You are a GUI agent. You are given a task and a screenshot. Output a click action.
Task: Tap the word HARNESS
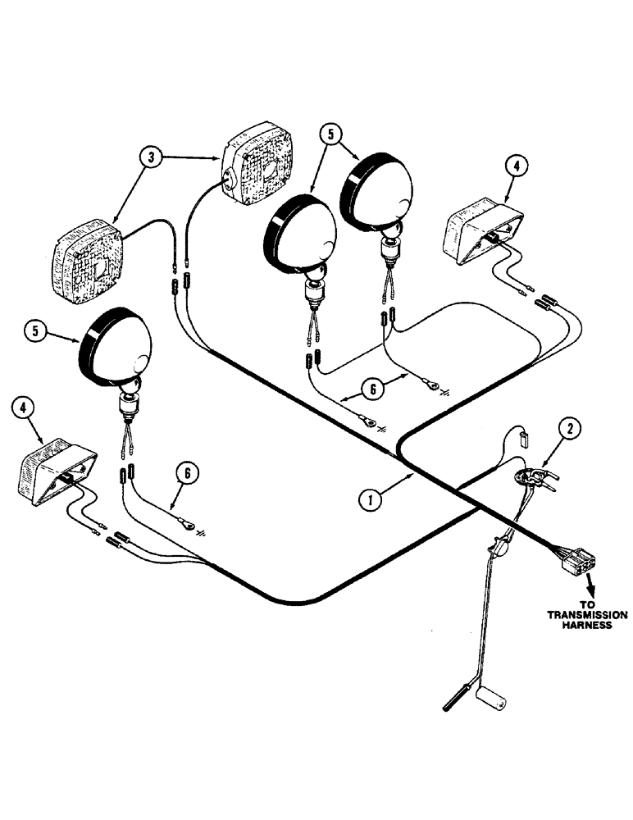coord(587,626)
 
